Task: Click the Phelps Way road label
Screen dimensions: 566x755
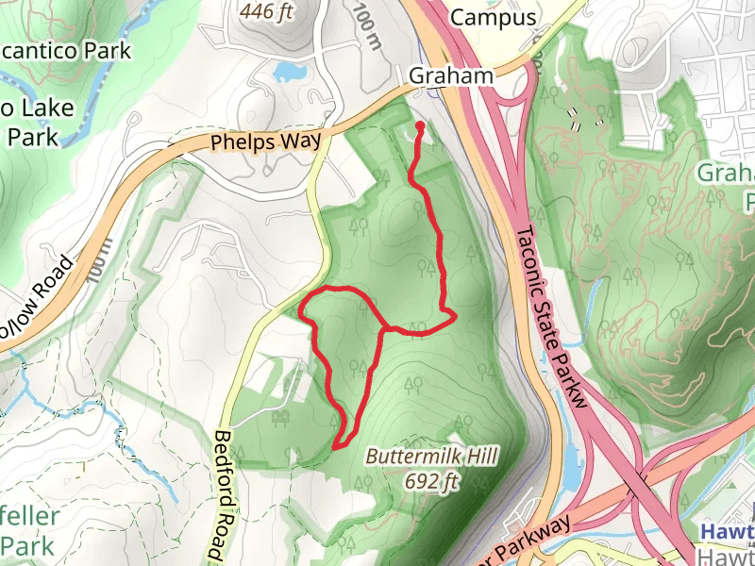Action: pyautogui.click(x=265, y=142)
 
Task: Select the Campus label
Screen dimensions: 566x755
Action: pyautogui.click(x=493, y=17)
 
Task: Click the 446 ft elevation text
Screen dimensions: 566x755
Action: pyautogui.click(x=269, y=12)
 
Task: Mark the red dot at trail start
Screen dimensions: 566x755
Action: pyautogui.click(x=419, y=124)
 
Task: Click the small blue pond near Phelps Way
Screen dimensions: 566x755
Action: pyautogui.click(x=286, y=71)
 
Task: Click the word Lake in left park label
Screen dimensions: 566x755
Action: pyautogui.click(x=43, y=108)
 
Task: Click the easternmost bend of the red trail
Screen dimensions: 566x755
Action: pyautogui.click(x=455, y=314)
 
